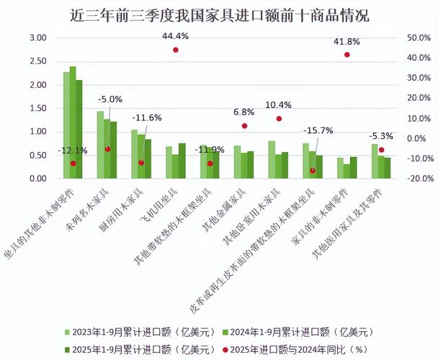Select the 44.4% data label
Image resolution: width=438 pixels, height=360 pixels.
coord(175,36)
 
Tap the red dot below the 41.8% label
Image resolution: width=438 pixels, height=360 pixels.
coord(347,55)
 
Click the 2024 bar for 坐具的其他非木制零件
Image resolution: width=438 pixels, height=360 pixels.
coord(73,122)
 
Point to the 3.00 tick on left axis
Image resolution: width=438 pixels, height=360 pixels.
coord(37,37)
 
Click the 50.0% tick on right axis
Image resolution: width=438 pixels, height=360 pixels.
coord(398,37)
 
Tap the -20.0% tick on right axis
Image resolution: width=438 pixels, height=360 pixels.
coord(398,179)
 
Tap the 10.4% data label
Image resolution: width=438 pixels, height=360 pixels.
coord(279,105)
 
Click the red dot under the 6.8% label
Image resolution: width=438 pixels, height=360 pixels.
coord(244,126)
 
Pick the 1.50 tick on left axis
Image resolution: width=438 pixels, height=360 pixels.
coord(37,108)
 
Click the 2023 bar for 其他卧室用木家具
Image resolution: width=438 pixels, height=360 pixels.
coord(272,160)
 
